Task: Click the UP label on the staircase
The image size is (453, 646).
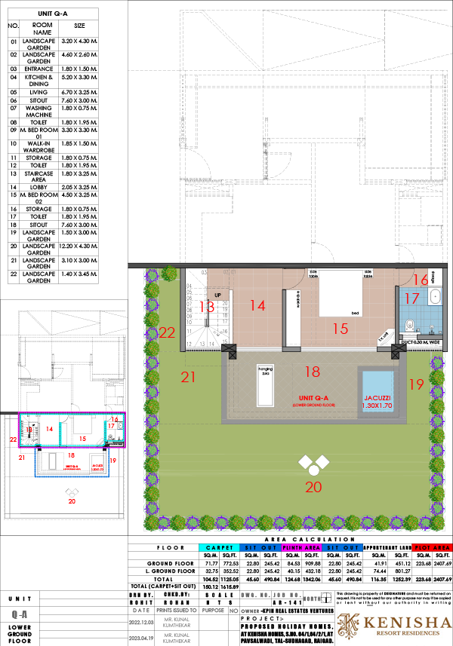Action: [x=217, y=295]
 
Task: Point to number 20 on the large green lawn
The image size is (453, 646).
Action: [x=313, y=488]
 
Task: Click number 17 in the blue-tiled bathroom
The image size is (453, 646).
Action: [x=411, y=299]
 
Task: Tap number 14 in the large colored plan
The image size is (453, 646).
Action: [x=258, y=305]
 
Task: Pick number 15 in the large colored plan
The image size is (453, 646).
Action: [x=340, y=329]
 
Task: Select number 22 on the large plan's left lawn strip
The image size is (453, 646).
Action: [x=167, y=332]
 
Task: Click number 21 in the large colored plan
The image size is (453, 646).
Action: [x=188, y=378]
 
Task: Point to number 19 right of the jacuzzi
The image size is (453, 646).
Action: [x=416, y=384]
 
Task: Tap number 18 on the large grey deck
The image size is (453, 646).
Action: [x=312, y=371]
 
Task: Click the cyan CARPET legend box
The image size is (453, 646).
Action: [x=219, y=548]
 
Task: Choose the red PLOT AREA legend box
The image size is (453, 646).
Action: [x=432, y=548]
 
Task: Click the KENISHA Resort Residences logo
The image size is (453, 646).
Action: [x=393, y=625]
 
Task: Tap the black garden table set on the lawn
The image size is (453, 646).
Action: [x=313, y=464]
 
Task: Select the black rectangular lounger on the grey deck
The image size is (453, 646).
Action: [x=264, y=384]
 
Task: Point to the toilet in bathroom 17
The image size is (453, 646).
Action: [x=408, y=326]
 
